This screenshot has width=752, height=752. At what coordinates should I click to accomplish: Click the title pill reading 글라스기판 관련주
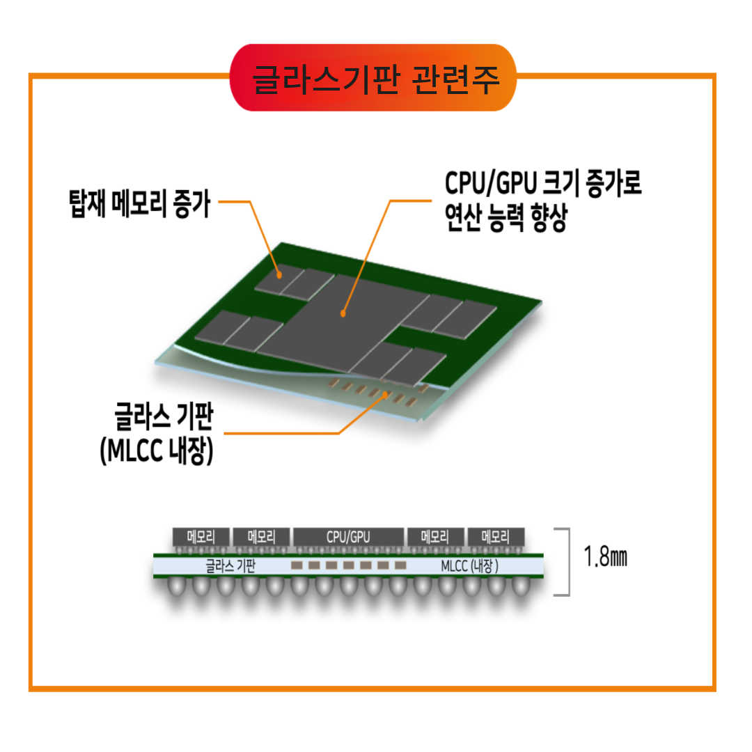(x=374, y=77)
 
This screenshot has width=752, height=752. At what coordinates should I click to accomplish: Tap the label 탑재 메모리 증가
(x=139, y=203)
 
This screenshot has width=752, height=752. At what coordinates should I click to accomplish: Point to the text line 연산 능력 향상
(x=506, y=221)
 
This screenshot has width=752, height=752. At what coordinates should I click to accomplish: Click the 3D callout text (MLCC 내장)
(x=155, y=451)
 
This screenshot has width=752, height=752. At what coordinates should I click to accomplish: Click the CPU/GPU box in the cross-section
(x=348, y=537)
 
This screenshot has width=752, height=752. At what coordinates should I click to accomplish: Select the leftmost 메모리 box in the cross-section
(x=201, y=537)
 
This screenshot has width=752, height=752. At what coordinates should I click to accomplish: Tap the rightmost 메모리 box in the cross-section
(x=495, y=537)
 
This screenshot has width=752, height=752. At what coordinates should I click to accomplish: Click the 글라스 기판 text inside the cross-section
(x=230, y=565)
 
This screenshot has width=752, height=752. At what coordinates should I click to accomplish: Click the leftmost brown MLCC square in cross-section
(x=297, y=565)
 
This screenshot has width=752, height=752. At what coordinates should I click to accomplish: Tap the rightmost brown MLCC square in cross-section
(x=400, y=565)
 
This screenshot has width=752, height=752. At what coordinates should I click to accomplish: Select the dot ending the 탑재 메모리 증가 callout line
(x=279, y=275)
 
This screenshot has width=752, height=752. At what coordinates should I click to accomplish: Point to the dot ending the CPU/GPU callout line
(x=343, y=315)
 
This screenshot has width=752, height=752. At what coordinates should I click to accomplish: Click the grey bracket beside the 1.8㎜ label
(x=565, y=561)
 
